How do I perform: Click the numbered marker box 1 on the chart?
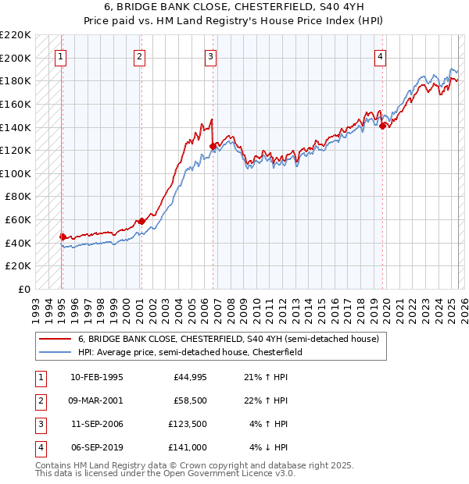(x=60, y=56)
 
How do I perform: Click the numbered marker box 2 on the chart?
(x=139, y=56)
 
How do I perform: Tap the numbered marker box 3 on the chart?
(x=211, y=56)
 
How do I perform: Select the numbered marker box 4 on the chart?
(x=380, y=56)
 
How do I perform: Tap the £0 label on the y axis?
(x=25, y=289)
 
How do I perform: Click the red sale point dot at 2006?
(x=213, y=145)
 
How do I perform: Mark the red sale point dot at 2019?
(x=382, y=126)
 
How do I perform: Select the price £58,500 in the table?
(x=189, y=401)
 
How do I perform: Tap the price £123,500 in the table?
(x=187, y=425)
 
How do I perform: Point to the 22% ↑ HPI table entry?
(x=270, y=401)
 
